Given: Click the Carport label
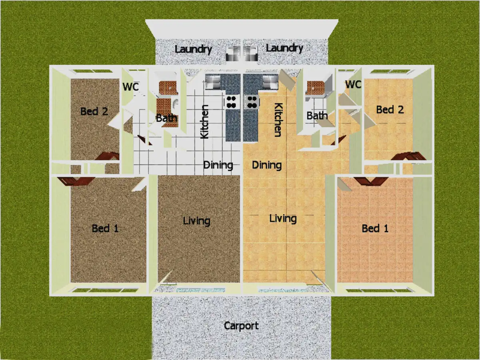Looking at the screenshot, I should click(x=241, y=326).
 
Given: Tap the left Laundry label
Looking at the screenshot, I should click(x=193, y=49).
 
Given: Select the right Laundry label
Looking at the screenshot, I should click(x=284, y=48).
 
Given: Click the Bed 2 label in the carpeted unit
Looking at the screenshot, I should click(x=94, y=111).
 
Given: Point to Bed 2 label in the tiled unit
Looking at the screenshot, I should click(x=390, y=109).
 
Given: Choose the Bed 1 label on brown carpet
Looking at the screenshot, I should click(x=105, y=228).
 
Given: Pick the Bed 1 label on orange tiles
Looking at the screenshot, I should click(x=375, y=228).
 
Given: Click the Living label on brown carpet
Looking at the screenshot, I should click(x=196, y=220).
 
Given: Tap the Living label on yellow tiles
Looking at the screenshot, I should click(x=283, y=218).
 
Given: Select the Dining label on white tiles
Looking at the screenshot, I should click(x=218, y=165).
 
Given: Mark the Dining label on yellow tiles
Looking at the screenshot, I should click(x=267, y=165).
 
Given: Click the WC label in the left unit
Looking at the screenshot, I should click(x=130, y=86).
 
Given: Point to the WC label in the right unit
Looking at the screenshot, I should click(x=353, y=85).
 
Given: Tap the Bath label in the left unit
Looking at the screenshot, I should click(x=166, y=118).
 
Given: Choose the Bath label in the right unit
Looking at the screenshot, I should click(x=317, y=116).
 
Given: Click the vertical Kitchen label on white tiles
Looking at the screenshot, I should click(x=204, y=122).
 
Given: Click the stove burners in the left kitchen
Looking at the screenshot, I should click(x=231, y=102).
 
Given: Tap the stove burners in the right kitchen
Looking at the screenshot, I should click(x=252, y=102).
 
